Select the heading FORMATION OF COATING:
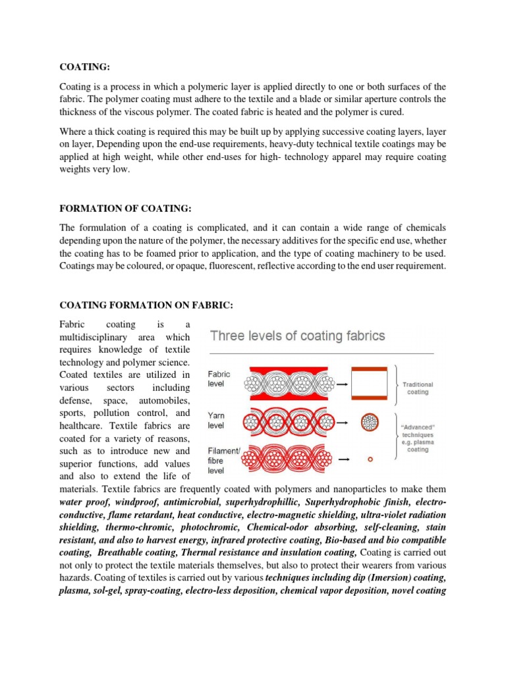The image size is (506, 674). [x=125, y=209]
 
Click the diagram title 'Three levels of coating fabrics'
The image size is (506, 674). [x=297, y=336]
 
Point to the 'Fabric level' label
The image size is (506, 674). [x=219, y=377]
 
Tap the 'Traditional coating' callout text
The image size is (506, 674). [x=418, y=388]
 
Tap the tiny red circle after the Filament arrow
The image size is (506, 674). [x=370, y=461]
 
